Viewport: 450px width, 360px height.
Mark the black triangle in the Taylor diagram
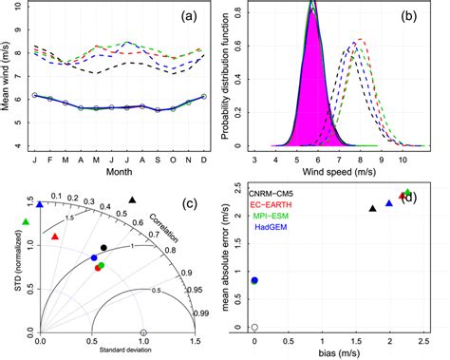tap(132, 199)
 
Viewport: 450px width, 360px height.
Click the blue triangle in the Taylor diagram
tap(40, 203)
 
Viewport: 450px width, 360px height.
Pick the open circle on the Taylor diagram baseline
tap(143, 332)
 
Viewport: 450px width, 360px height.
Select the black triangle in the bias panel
tap(372, 208)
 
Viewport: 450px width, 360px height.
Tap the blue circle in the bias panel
tap(253, 280)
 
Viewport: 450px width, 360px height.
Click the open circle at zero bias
tap(253, 327)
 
